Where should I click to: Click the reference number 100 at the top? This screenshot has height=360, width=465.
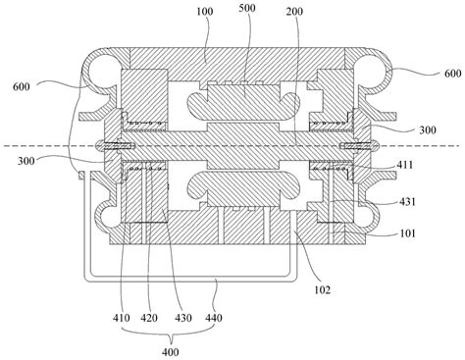click(x=205, y=12)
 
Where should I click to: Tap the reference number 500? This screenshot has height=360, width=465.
click(x=247, y=8)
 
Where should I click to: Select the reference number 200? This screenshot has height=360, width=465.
click(x=294, y=12)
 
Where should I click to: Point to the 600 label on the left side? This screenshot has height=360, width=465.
click(x=22, y=86)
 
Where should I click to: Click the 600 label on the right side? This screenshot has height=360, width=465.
click(x=453, y=74)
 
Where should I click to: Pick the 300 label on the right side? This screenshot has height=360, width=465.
click(x=428, y=130)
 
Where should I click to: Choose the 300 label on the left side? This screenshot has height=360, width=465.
click(x=26, y=161)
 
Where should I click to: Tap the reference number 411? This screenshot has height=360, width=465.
click(x=404, y=165)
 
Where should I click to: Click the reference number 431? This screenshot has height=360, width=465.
click(x=407, y=201)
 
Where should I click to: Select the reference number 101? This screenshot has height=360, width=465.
click(x=407, y=233)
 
